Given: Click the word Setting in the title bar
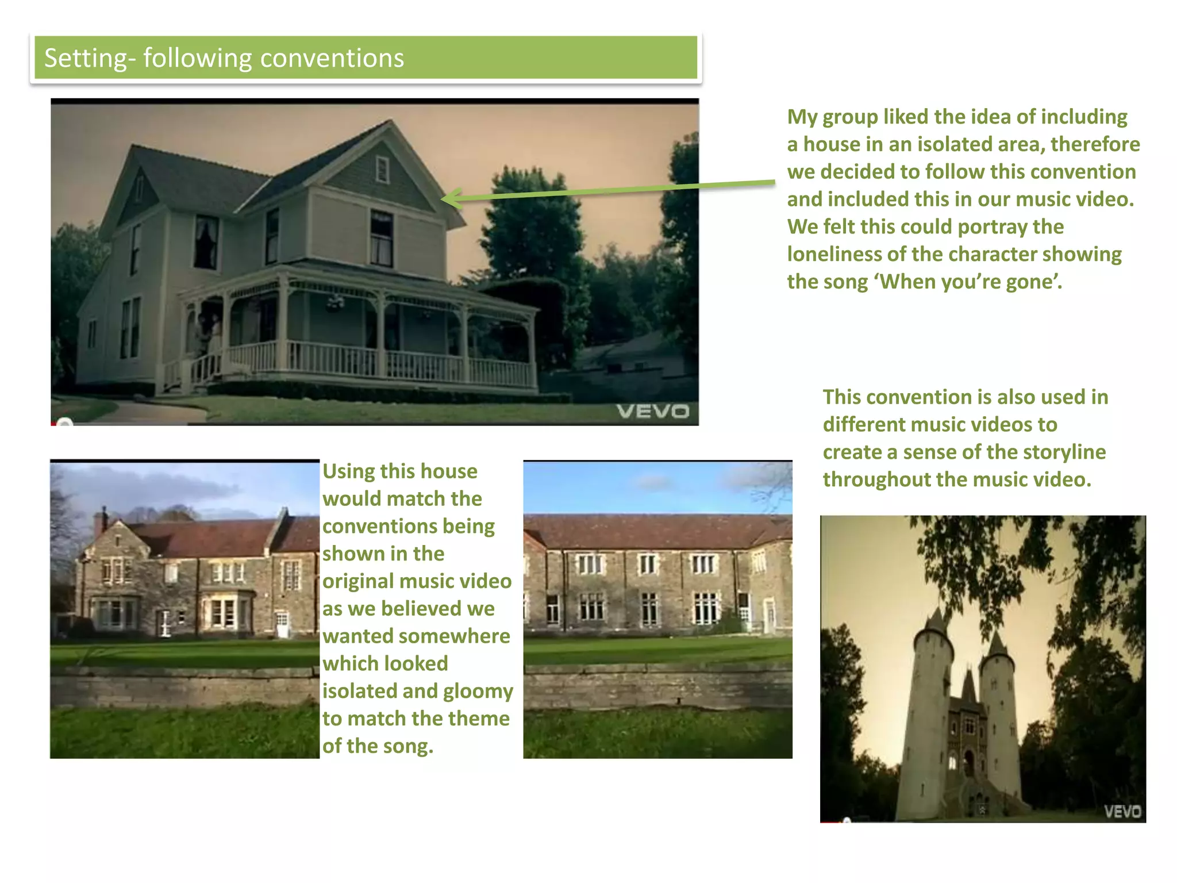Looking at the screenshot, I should pos(85,59).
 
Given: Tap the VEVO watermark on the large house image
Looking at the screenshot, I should pos(652,412).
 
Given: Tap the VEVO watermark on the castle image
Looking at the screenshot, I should pos(1122,811).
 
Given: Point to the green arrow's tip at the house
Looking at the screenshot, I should pos(444,199).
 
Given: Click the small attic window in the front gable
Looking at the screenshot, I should pos(382,170).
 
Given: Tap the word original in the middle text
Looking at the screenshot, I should pos(358,581).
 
